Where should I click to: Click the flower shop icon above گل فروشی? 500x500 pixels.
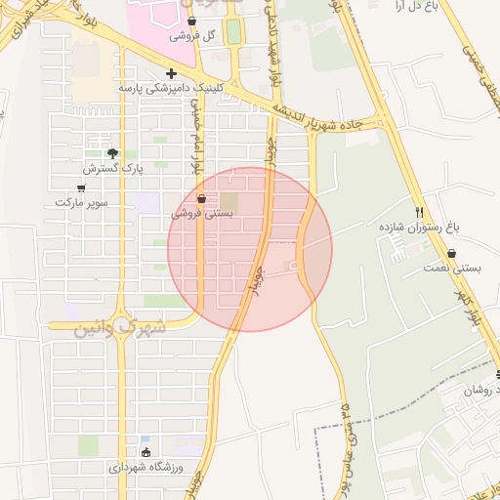[x=191, y=21]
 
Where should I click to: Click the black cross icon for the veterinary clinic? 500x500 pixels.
[x=171, y=73]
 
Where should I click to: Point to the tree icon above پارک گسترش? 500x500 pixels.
[x=112, y=153]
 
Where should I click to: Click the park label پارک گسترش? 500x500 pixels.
[x=113, y=168]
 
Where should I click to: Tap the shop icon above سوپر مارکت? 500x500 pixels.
[x=81, y=187]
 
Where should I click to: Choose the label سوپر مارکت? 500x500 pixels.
[x=80, y=202]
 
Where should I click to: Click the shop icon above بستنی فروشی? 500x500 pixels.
[x=201, y=198]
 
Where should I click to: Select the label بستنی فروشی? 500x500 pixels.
[x=202, y=213]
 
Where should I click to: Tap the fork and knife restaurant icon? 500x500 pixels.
[x=420, y=212]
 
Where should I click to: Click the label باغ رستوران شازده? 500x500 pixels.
[x=420, y=227]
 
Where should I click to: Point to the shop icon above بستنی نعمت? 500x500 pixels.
[x=451, y=253]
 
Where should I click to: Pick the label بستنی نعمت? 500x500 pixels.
[x=450, y=268]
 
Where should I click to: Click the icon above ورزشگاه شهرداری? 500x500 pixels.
[x=146, y=452]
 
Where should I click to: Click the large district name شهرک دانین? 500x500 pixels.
[x=120, y=327]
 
